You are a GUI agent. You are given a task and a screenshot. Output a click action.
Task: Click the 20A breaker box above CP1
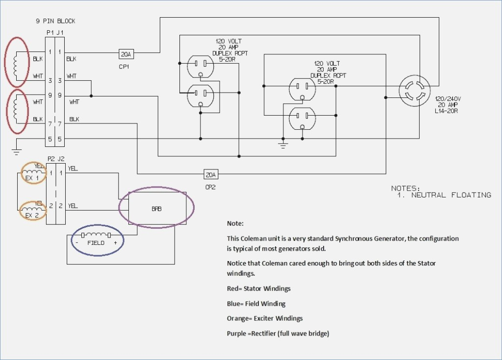[x=126, y=54]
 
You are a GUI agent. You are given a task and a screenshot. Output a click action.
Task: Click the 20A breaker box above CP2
[x=211, y=175]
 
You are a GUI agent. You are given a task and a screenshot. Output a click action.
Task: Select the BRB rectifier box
[x=157, y=208]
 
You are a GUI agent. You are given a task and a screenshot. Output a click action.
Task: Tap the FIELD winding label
[x=96, y=243]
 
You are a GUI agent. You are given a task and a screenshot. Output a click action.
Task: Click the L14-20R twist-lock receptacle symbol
[x=415, y=91]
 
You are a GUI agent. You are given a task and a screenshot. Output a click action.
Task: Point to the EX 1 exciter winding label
[x=32, y=178]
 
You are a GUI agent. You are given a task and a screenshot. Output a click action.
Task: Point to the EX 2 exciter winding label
[x=32, y=216]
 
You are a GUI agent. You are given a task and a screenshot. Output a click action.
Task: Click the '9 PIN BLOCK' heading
[x=55, y=21]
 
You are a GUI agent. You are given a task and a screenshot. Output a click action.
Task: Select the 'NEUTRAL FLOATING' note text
[x=451, y=195]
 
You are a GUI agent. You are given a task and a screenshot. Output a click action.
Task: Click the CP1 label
[x=124, y=67]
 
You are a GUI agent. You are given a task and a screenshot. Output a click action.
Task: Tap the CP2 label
[x=210, y=187]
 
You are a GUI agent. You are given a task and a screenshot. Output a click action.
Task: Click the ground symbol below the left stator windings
[x=17, y=152]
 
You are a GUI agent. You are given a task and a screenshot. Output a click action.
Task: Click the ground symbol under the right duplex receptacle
[x=283, y=145]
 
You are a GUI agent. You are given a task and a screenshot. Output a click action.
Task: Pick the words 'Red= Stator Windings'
[x=259, y=288]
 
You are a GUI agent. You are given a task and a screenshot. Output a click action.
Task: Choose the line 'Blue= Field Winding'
[x=256, y=304]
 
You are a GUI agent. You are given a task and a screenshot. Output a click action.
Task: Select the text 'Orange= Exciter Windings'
[x=265, y=318]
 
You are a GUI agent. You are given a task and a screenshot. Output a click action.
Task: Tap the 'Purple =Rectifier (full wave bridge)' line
[x=278, y=334]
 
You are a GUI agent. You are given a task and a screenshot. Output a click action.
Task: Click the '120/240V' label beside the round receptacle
[x=448, y=99]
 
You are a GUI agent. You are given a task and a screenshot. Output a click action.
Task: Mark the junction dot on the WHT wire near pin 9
[x=91, y=96]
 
